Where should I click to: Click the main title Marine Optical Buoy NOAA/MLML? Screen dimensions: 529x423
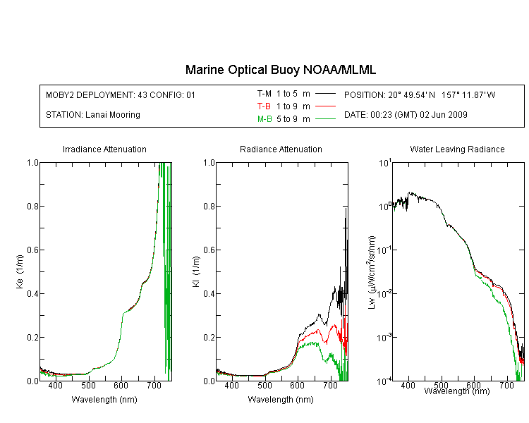(281, 70)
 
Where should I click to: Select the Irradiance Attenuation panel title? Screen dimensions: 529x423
(104, 149)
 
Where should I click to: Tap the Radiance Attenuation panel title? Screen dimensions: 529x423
(281, 149)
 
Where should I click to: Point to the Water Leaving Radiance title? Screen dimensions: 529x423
(457, 149)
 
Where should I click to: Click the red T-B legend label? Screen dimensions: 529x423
(264, 106)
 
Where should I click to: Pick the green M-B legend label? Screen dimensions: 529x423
(264, 118)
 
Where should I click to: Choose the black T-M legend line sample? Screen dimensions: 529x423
(325, 94)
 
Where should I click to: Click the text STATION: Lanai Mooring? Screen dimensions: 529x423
(93, 115)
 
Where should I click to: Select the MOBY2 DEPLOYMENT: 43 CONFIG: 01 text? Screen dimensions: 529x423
(121, 94)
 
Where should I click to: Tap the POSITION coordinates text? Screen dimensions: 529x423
(420, 94)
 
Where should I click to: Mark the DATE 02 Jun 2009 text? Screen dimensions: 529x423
(406, 115)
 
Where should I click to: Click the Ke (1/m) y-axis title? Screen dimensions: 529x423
(20, 271)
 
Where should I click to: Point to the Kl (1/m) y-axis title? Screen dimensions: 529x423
(196, 271)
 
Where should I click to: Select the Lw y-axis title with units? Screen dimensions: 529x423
(372, 272)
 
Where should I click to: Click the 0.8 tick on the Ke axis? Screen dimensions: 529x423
(32, 206)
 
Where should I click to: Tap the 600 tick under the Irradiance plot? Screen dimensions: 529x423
(121, 385)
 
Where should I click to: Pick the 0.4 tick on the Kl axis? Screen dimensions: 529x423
(209, 293)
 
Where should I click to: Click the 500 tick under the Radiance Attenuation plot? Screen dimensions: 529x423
(264, 385)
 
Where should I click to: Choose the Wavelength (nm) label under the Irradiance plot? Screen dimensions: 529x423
(104, 400)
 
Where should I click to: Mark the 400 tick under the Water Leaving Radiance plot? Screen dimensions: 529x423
(408, 385)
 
